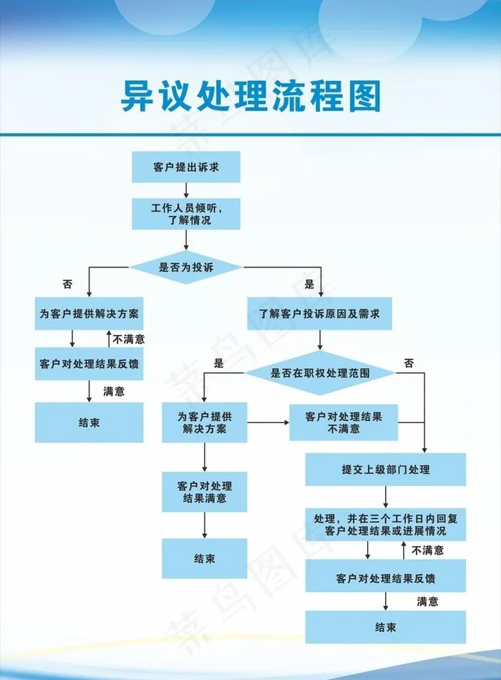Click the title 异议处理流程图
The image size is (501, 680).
tap(250, 97)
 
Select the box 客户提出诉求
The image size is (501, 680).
tap(186, 167)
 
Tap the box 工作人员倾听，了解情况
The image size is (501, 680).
tap(186, 214)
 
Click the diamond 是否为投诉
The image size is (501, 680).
tap(186, 268)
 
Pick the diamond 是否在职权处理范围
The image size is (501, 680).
tap(320, 372)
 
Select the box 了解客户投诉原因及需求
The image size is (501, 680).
tap(319, 314)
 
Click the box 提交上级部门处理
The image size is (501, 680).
tap(386, 470)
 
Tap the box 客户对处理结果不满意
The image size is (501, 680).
tap(344, 422)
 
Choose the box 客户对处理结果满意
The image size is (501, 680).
tap(205, 492)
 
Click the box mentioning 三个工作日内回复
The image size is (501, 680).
tap(386, 525)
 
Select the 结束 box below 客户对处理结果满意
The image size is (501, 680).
tap(205, 558)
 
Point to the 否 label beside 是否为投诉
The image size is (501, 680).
tap(67, 284)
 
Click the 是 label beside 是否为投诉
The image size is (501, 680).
tap(309, 284)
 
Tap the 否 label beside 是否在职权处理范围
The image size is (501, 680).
tap(409, 364)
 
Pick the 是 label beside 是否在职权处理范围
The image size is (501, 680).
tap(219, 364)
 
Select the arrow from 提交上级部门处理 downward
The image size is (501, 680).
tap(386, 497)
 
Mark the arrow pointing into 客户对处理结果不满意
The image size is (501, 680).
tap(268, 422)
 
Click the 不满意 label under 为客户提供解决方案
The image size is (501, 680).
tap(129, 339)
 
